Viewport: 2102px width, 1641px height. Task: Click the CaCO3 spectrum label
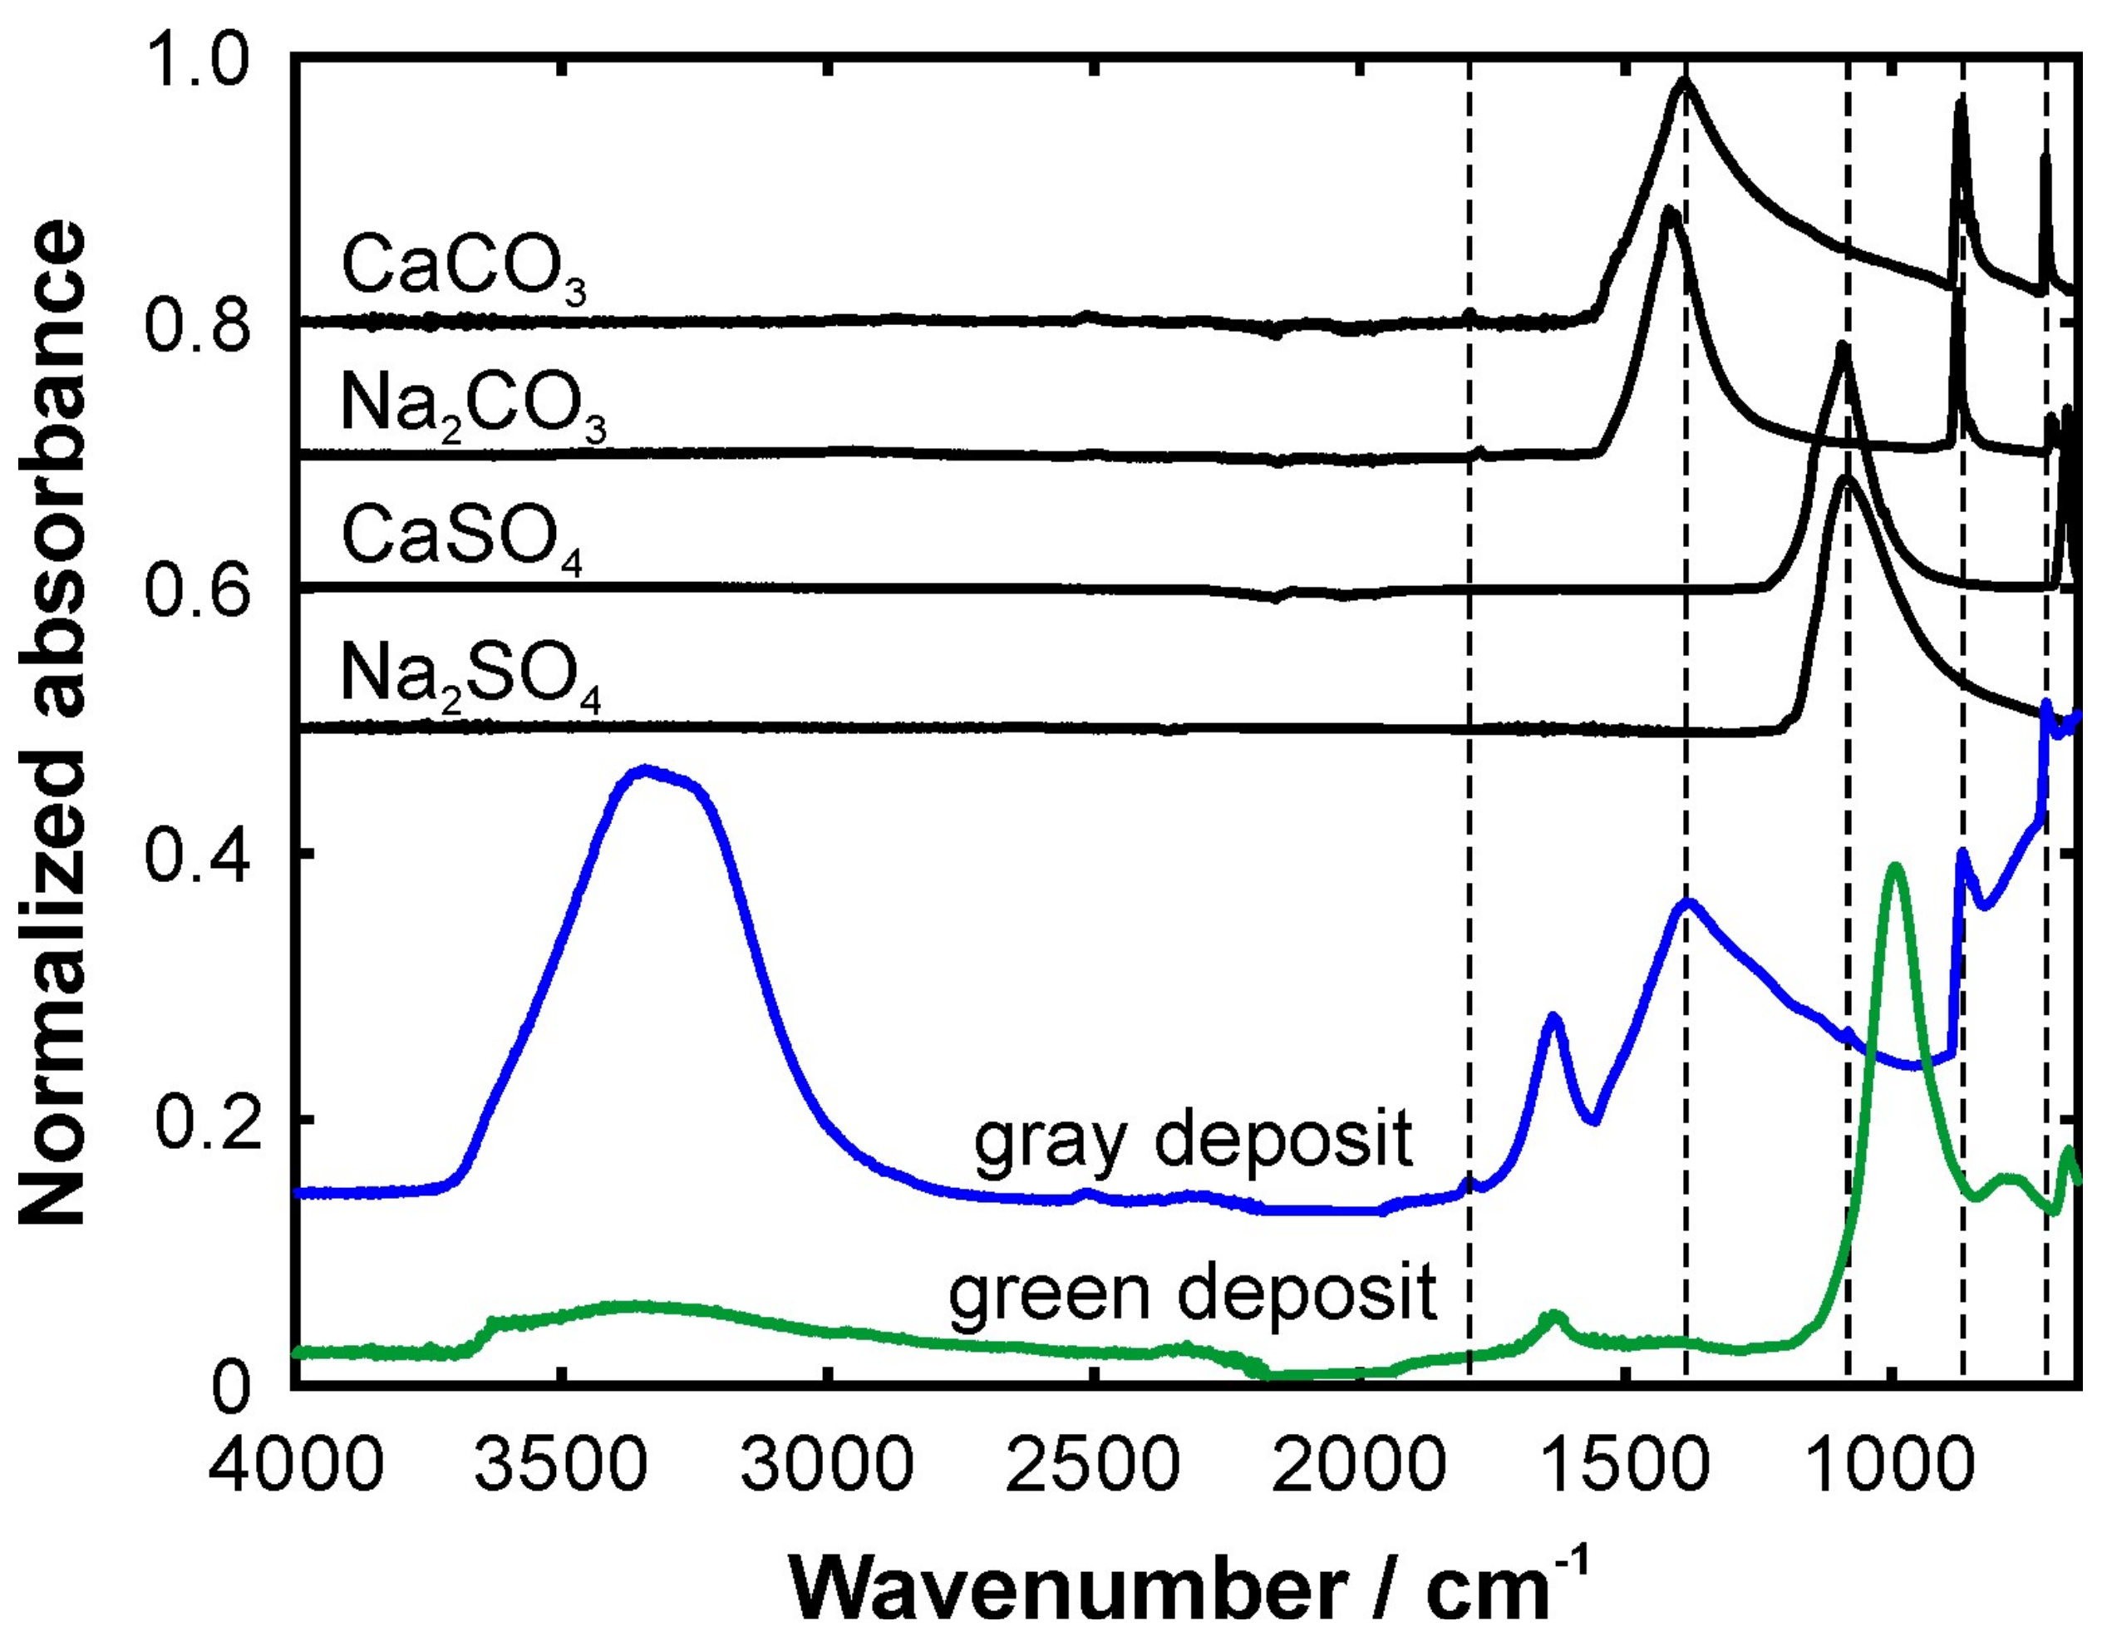point(463,269)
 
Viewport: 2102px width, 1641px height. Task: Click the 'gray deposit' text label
point(1193,1141)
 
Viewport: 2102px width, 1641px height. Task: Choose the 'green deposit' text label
point(1193,1293)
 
